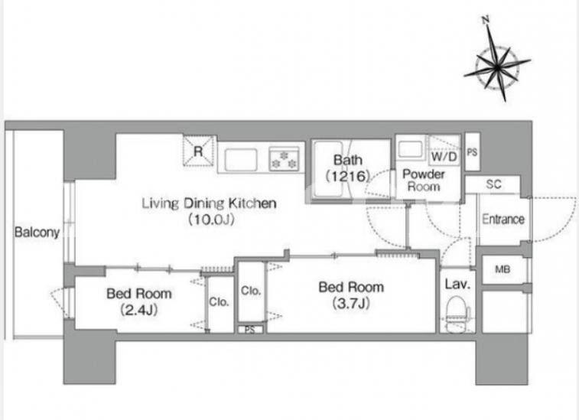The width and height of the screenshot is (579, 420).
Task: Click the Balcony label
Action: [37, 233]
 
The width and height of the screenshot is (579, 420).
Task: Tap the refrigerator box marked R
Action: [199, 151]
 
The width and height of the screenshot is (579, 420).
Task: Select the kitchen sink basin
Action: [240, 160]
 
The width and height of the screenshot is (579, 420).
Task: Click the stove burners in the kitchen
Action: [284, 159]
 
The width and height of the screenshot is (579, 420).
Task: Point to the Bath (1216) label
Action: [347, 168]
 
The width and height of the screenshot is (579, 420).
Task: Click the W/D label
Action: [444, 157]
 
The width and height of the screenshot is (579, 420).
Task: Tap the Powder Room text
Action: [424, 181]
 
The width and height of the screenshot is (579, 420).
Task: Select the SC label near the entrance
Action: [493, 184]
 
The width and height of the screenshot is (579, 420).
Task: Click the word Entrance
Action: [503, 219]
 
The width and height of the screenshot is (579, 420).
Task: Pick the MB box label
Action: [503, 269]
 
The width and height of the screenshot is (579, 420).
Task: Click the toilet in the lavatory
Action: [457, 314]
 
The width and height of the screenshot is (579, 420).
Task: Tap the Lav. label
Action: [457, 284]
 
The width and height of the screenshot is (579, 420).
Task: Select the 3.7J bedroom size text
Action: [351, 304]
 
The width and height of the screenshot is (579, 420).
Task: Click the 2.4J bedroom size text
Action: [139, 310]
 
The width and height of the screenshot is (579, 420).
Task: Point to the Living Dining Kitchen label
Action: [209, 203]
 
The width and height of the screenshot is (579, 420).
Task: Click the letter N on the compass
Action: [486, 19]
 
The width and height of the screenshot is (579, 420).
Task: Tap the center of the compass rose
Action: [497, 67]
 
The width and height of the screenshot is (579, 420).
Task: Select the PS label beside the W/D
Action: [472, 151]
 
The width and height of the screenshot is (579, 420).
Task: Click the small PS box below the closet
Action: [250, 330]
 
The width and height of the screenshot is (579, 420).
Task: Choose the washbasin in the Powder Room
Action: [410, 150]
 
